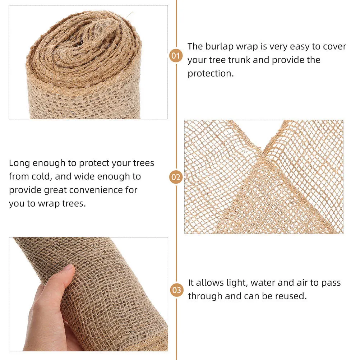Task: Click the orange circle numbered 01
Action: tap(176, 56)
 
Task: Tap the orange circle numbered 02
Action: tap(176, 177)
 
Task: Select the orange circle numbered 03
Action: tap(176, 290)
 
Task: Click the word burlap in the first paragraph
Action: tap(220, 47)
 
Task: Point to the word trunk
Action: tap(237, 60)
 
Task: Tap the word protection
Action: tap(210, 73)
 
